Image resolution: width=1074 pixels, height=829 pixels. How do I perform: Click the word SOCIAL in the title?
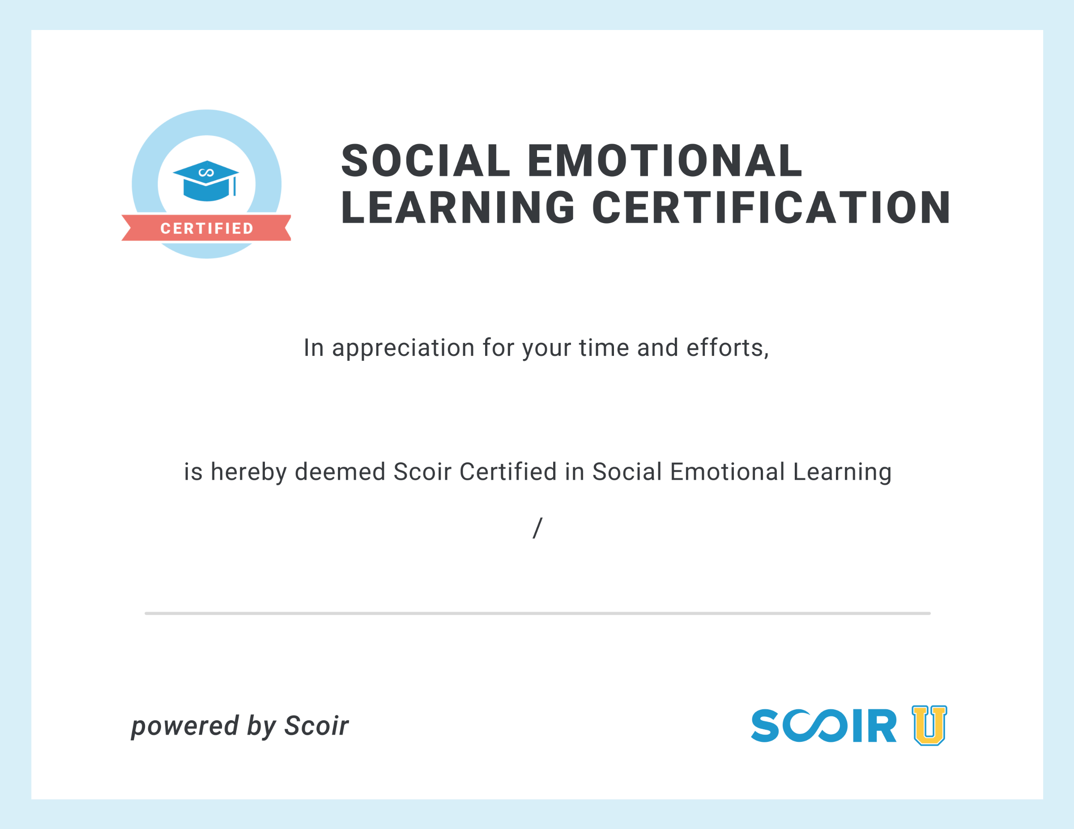pos(426,161)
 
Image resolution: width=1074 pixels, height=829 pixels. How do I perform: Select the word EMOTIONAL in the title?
pos(665,161)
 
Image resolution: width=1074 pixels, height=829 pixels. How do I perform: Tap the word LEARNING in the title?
pos(458,207)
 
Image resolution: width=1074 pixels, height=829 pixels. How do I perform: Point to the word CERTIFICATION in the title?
pos(771,207)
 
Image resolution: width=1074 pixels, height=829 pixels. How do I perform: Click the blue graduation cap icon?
pos(206,181)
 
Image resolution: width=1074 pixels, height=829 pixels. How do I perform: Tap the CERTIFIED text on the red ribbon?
pos(207,228)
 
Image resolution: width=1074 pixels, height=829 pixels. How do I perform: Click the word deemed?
pos(340,472)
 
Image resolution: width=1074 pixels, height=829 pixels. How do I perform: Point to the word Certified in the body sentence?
pos(508,472)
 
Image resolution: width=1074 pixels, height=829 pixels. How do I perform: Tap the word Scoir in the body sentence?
pos(422,472)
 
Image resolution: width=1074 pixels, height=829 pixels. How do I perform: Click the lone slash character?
pos(537,528)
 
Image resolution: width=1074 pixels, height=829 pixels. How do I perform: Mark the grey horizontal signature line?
pos(537,613)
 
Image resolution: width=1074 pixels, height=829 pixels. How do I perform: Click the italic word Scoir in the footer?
pos(317,726)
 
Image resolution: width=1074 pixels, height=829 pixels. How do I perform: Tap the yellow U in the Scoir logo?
pos(929,725)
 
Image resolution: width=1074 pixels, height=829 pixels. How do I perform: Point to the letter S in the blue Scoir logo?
pos(765,725)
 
